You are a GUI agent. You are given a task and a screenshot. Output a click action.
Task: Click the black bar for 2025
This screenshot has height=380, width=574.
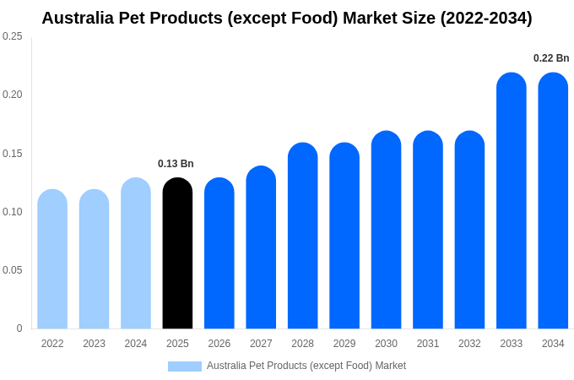tap(177, 253)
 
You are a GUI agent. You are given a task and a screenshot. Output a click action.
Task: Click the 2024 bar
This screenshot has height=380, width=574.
tap(136, 253)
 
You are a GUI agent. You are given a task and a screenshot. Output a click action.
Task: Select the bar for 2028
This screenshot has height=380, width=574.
tap(302, 236)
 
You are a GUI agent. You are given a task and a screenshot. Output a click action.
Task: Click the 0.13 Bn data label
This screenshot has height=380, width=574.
tap(176, 164)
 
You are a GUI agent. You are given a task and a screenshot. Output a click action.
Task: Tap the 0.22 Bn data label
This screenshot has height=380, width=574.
tap(551, 58)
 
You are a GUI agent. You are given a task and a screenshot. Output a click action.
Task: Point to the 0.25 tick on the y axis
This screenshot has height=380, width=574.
tap(12, 36)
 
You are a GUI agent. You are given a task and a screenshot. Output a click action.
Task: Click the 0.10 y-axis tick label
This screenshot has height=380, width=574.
tap(12, 212)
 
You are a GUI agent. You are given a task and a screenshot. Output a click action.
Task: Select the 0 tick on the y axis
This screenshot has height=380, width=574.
tap(19, 328)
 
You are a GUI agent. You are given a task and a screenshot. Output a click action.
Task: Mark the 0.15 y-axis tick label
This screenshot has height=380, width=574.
tap(12, 154)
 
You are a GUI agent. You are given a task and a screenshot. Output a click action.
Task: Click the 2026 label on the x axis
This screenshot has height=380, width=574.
tap(219, 344)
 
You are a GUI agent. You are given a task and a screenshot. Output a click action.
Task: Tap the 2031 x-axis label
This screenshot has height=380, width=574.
tap(428, 344)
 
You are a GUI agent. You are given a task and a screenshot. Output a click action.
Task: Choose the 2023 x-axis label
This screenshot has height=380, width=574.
tap(94, 344)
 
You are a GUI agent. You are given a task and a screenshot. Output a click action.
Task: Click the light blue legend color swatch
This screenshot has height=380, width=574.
tap(185, 366)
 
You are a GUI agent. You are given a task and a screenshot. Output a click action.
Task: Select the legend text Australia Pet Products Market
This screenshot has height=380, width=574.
tap(306, 366)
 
